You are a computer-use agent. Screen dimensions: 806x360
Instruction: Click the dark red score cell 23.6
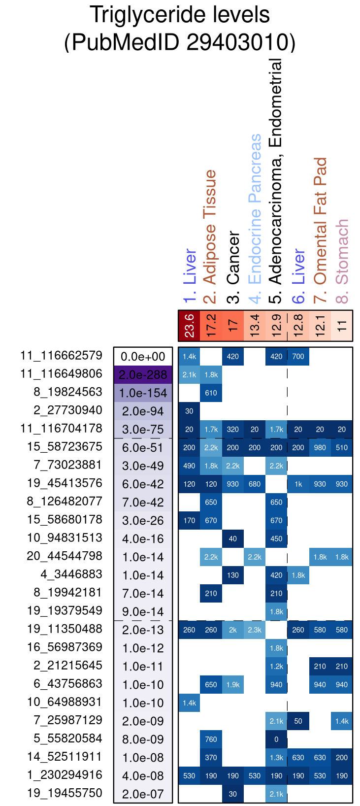click(189, 326)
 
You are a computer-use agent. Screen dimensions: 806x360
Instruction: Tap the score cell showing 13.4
click(255, 326)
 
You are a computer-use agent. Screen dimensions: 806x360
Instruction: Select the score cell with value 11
click(342, 326)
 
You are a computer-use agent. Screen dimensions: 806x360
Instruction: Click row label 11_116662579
click(61, 356)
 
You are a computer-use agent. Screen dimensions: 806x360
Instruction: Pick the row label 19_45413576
click(65, 483)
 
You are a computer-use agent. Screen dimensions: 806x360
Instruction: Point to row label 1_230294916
click(65, 775)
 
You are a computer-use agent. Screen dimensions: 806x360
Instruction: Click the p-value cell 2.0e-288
click(143, 375)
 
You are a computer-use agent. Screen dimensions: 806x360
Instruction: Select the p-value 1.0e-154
click(143, 393)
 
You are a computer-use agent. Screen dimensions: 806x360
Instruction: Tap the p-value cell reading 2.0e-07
click(143, 794)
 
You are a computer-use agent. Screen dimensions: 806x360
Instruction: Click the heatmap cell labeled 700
click(298, 357)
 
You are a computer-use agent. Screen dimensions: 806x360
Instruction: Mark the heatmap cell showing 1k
click(298, 484)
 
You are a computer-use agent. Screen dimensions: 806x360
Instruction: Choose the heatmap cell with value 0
click(276, 739)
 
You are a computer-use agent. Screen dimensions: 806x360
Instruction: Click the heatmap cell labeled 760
click(211, 739)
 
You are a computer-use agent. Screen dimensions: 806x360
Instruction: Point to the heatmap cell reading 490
click(189, 466)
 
